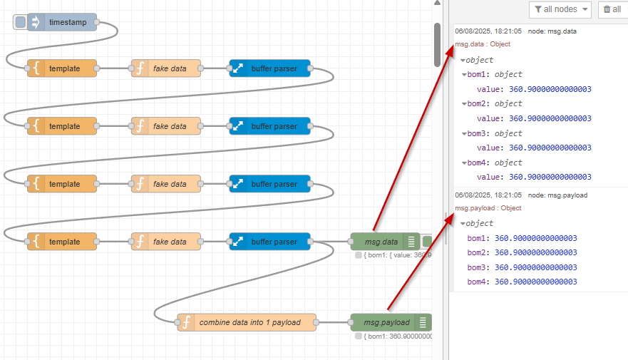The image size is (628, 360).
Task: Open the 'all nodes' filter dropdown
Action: click(x=561, y=9)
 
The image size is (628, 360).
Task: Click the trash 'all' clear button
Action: click(x=612, y=9)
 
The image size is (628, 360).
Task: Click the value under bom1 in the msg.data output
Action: click(x=550, y=89)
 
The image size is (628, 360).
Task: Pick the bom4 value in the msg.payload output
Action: click(x=535, y=282)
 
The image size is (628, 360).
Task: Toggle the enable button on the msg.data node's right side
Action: click(x=427, y=242)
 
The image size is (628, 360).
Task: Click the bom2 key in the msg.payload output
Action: click(x=478, y=252)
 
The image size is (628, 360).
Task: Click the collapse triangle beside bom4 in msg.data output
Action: click(x=464, y=163)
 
